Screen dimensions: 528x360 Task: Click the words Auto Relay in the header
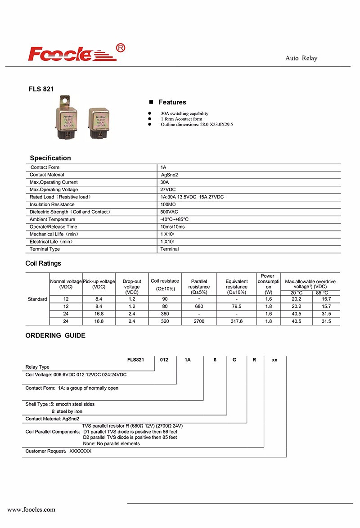301,59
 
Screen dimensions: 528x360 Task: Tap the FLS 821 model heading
41,89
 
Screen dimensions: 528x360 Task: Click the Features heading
172,102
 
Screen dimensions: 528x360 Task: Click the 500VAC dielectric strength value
170,212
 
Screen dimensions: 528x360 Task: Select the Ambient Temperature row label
52,219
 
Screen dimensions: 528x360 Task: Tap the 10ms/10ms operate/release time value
172,226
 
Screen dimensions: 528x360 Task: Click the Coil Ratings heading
43,263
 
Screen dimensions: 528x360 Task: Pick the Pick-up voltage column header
99,284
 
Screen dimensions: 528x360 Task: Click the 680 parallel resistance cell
199,306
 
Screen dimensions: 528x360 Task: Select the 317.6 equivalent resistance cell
236,321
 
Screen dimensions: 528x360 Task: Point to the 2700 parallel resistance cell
199,321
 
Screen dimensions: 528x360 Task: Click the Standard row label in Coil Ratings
37,299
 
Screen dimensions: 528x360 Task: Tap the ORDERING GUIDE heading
55,335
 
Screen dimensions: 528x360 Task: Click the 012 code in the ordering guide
165,360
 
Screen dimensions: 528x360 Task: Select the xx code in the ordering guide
274,360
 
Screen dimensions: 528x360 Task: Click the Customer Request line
58,451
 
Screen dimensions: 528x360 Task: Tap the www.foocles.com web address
31,510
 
